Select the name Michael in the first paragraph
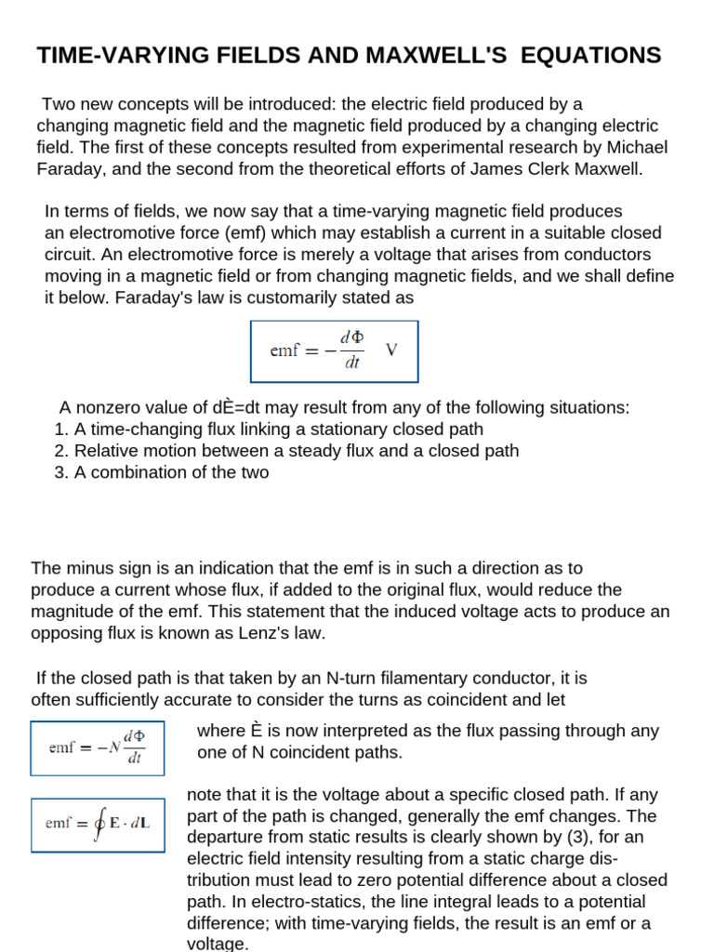[x=640, y=147]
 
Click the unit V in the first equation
[x=391, y=350]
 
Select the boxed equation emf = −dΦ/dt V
[x=334, y=351]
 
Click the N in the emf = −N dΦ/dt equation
[x=114, y=747]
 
